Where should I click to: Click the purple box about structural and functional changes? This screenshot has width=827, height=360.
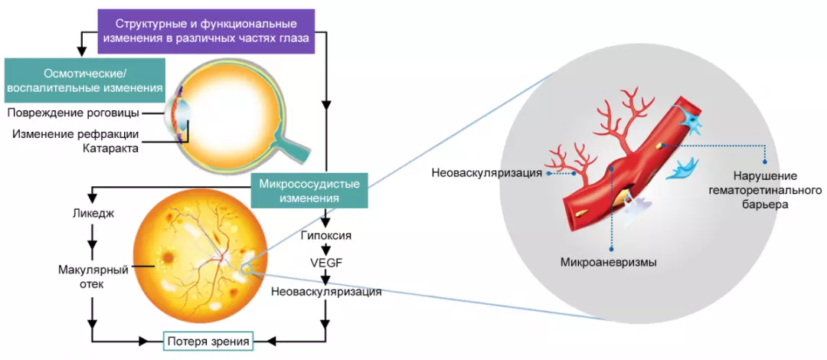click(x=207, y=31)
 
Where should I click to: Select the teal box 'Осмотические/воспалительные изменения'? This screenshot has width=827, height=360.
click(x=84, y=80)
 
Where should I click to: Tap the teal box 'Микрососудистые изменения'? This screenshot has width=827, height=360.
click(x=309, y=191)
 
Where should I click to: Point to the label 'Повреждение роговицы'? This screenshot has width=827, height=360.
click(x=74, y=113)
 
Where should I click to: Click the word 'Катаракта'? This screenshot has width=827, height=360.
click(x=110, y=148)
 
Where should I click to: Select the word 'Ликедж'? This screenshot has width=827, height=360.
click(x=92, y=214)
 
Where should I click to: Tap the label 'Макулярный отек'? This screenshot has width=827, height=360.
click(x=92, y=277)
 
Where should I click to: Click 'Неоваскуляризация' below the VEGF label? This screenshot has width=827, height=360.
click(x=325, y=291)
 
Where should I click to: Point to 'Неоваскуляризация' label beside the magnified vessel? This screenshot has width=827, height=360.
click(x=487, y=173)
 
